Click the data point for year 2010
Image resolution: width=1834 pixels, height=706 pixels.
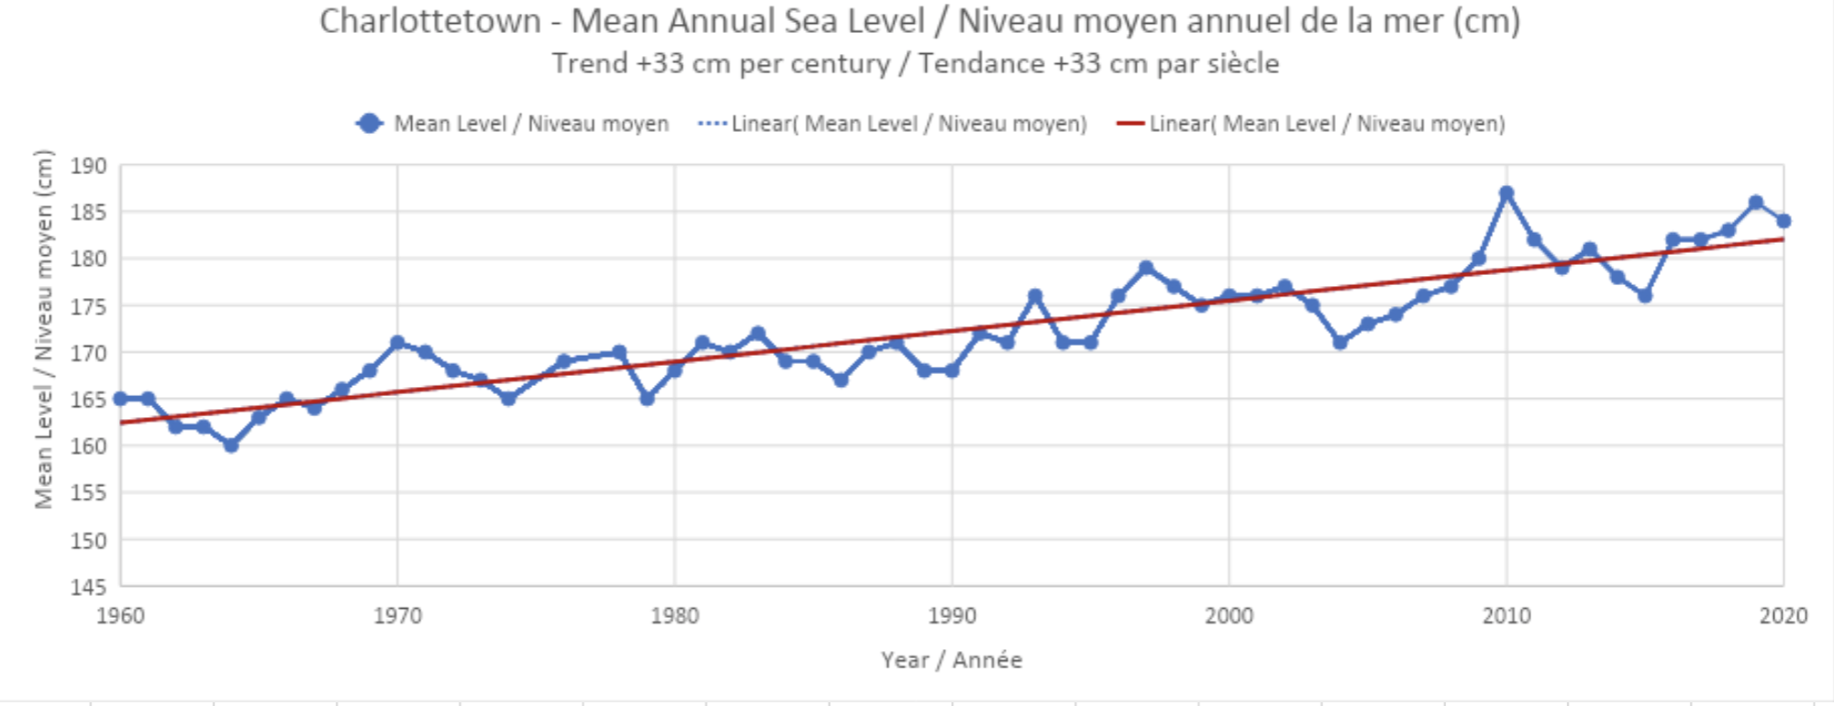click(1506, 193)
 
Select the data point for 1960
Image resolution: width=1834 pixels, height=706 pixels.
click(120, 399)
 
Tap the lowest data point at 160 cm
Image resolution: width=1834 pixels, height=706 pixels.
click(231, 446)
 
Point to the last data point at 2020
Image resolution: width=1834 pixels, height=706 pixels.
click(1784, 221)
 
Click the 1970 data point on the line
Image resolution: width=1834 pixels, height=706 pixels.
click(397, 343)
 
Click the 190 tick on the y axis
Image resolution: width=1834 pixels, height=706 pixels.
click(89, 166)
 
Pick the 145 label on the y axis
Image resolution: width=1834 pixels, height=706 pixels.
click(89, 587)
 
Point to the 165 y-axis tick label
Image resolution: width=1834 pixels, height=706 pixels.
click(89, 400)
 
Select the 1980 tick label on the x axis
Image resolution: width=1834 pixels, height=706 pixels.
click(674, 616)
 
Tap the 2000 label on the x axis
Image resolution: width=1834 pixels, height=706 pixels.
click(1229, 616)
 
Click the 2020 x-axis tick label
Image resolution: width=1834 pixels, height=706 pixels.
click(1783, 616)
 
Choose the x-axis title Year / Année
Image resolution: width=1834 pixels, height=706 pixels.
click(951, 660)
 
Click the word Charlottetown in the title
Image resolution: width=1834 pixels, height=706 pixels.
click(430, 21)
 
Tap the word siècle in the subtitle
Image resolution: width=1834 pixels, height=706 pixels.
click(1243, 63)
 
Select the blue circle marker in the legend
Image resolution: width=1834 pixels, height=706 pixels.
click(370, 124)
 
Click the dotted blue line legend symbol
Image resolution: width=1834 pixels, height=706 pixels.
click(713, 124)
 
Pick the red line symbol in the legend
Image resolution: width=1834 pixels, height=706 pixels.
click(1131, 124)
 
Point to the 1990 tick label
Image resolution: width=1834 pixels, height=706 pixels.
click(952, 616)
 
